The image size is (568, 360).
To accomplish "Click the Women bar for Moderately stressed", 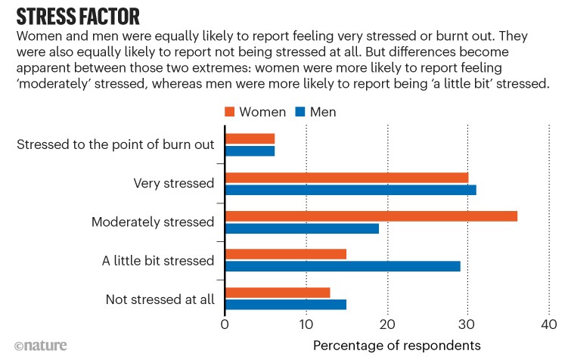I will (371, 216).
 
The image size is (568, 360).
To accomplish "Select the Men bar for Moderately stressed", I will (302, 228).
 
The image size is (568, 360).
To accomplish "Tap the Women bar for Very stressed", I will (346, 177).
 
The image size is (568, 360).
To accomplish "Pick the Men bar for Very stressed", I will (350, 190).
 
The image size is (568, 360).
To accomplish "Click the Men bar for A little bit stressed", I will (343, 266).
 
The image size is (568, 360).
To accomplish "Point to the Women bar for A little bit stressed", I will (285, 253).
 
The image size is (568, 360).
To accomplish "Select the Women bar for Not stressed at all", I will (278, 292).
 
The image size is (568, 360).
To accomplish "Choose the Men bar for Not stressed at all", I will (285, 305).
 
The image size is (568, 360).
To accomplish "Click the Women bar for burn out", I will (250, 138).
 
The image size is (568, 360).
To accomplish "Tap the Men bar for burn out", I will (250, 151).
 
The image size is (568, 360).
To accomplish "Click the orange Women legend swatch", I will (230, 112).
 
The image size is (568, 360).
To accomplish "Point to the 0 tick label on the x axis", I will (225, 324).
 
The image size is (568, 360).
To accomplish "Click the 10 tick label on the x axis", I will (306, 324).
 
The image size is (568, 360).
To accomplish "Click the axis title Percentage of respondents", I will (396, 345).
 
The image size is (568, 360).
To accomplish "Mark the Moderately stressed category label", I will (153, 222).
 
